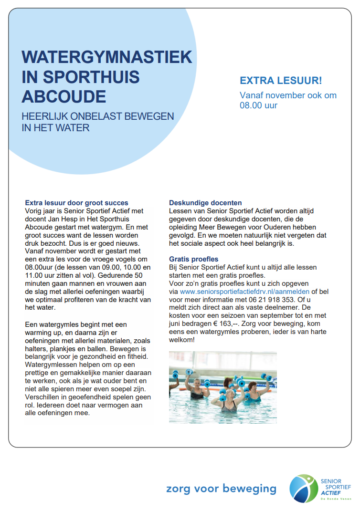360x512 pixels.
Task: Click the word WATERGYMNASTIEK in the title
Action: [107, 57]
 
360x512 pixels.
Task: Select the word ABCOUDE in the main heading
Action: [64, 96]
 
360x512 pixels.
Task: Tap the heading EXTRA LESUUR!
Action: [281, 80]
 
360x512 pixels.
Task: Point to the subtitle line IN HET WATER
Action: [56, 127]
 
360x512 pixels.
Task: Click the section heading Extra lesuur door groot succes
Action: [76, 203]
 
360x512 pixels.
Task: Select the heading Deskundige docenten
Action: [205, 203]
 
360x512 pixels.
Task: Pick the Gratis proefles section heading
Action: [194, 259]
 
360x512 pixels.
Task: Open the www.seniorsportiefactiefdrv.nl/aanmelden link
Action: [245, 291]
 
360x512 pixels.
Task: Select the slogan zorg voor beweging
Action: [221, 489]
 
